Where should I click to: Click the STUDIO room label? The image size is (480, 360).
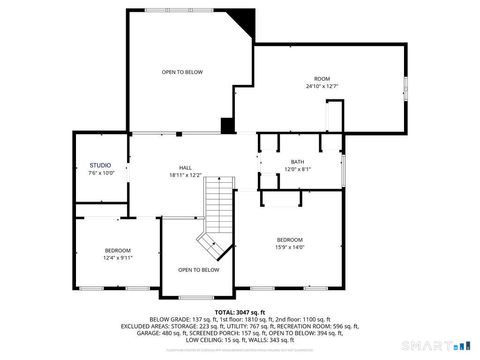(100, 165)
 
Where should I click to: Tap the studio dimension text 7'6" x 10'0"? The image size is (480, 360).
(100, 173)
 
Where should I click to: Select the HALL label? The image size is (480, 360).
(185, 167)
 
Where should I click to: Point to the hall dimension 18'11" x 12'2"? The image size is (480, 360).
(185, 175)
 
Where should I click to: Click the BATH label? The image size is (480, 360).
(297, 161)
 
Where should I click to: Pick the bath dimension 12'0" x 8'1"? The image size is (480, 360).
(297, 169)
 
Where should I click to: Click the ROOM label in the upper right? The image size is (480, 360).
(322, 78)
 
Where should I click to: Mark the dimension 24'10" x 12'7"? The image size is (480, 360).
(322, 86)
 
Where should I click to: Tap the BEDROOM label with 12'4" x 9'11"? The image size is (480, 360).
(118, 250)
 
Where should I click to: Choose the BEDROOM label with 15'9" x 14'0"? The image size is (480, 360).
(290, 239)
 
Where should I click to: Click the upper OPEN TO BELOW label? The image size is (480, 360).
(183, 72)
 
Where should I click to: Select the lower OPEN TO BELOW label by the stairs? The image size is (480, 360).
(198, 270)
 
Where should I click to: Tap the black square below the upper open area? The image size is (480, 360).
(228, 126)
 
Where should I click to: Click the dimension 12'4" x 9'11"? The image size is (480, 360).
(118, 258)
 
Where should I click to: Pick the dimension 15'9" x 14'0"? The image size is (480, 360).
(290, 247)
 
